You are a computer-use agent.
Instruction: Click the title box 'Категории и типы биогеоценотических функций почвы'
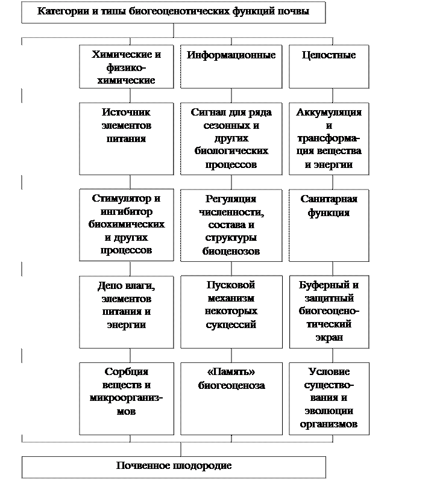(173, 12)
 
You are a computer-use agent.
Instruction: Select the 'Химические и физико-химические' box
(127, 66)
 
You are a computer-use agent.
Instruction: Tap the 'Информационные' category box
(231, 66)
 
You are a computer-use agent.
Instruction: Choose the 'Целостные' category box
(329, 66)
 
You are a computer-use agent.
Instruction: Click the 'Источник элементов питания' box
(127, 138)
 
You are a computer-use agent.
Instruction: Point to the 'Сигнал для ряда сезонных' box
(231, 138)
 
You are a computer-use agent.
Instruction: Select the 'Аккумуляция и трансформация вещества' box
(329, 138)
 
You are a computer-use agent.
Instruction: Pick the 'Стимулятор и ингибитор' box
(127, 225)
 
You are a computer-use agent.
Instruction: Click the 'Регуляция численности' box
(231, 225)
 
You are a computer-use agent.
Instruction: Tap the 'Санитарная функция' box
(329, 225)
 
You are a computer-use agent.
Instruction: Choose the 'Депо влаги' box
(127, 312)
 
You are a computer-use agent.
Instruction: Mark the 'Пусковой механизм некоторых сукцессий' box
(231, 312)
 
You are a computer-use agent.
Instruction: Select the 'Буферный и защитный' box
(329, 312)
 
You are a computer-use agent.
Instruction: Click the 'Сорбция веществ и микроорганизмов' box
(127, 398)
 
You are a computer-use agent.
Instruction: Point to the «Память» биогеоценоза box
(231, 398)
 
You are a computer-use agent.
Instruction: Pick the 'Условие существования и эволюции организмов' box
(329, 398)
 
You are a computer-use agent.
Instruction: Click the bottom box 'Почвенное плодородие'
(174, 467)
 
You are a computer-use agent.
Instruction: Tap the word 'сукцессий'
(231, 324)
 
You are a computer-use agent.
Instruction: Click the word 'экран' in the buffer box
(329, 337)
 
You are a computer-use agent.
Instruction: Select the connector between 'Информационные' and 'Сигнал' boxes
(231, 96)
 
